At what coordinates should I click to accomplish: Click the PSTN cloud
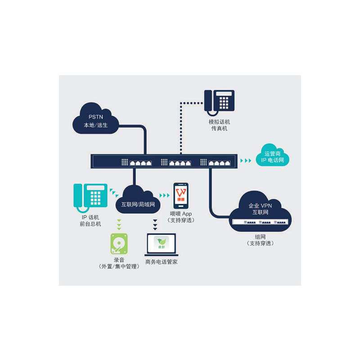tap(95, 118)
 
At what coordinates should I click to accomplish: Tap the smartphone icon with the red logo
tap(180, 194)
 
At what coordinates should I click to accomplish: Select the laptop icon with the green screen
tap(162, 246)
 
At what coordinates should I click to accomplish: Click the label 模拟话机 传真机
tap(219, 125)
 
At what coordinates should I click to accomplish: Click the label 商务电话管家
tap(162, 262)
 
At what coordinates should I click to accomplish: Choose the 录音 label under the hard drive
tap(119, 260)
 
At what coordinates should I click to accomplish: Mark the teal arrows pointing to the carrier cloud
tap(246, 160)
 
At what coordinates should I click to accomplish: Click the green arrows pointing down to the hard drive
tap(119, 224)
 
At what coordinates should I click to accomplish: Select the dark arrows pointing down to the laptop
tap(155, 224)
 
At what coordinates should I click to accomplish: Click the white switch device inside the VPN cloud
tap(261, 222)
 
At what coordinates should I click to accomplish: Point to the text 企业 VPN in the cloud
tap(261, 206)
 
